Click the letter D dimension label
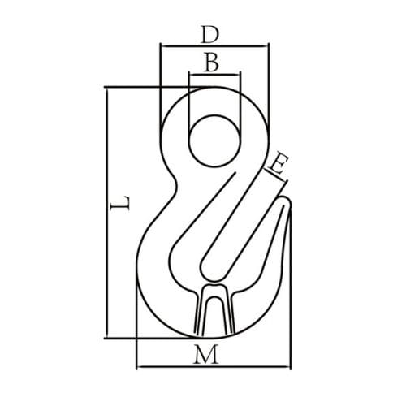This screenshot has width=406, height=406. [210, 35]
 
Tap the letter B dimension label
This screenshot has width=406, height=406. [211, 63]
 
